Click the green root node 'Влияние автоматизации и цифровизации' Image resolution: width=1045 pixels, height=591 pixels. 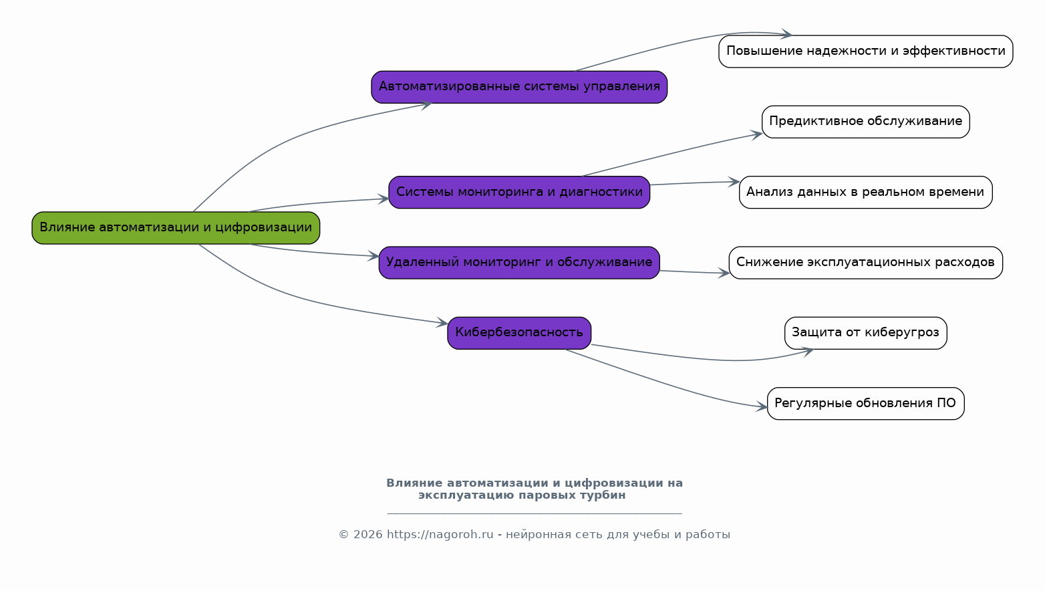tap(176, 228)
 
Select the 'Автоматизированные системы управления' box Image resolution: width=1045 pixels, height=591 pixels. tap(519, 87)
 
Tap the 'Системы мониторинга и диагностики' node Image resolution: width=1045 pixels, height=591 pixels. tap(519, 193)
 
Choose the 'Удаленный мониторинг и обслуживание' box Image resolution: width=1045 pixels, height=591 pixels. tap(519, 263)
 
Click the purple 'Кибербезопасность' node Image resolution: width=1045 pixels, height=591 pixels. tap(519, 333)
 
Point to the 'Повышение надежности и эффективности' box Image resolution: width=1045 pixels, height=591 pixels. tap(865, 51)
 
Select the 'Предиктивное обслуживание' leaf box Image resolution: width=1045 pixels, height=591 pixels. tap(865, 122)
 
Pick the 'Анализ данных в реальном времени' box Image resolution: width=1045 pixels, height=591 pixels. tap(865, 193)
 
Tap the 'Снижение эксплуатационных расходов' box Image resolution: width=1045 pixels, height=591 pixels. tap(865, 263)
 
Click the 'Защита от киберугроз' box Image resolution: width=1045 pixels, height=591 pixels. tap(865, 333)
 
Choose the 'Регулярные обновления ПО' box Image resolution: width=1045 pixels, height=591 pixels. tap(865, 404)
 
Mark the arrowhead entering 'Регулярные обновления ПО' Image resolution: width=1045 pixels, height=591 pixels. tap(762, 406)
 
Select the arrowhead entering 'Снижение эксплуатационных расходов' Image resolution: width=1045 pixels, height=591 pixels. tap(724, 273)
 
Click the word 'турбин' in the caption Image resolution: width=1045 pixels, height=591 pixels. tap(605, 495)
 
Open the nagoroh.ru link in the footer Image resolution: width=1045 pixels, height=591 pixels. tap(440, 535)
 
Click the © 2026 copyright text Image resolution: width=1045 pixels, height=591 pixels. tap(360, 535)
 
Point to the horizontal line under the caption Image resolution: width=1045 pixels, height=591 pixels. tap(535, 513)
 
